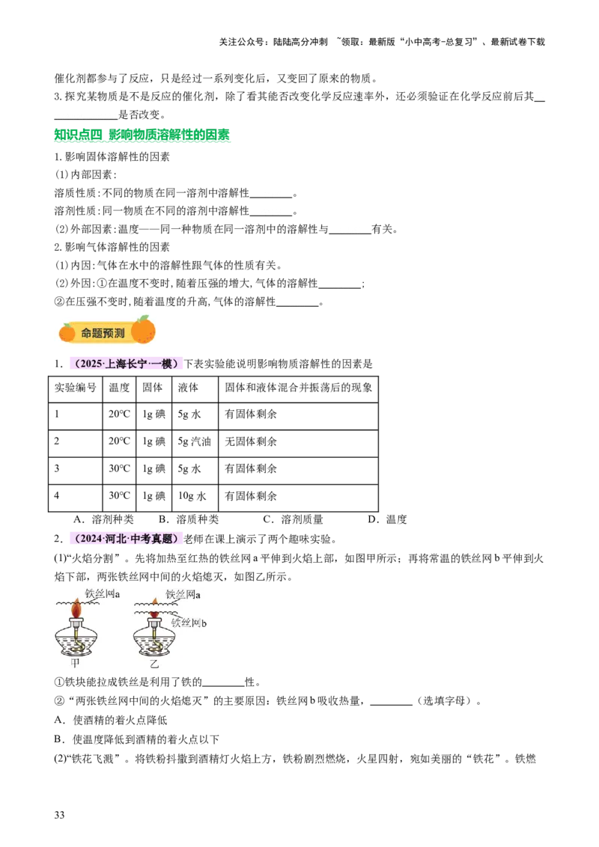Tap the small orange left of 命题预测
pos(67,331)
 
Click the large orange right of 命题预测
pos(143,329)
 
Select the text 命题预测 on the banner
pos(103,332)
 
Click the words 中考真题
pos(155,538)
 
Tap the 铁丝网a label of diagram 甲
pos(103,594)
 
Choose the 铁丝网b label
pos(189,623)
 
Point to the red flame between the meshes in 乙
pos(154,614)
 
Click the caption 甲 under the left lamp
pos(75,663)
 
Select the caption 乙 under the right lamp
pos(154,664)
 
